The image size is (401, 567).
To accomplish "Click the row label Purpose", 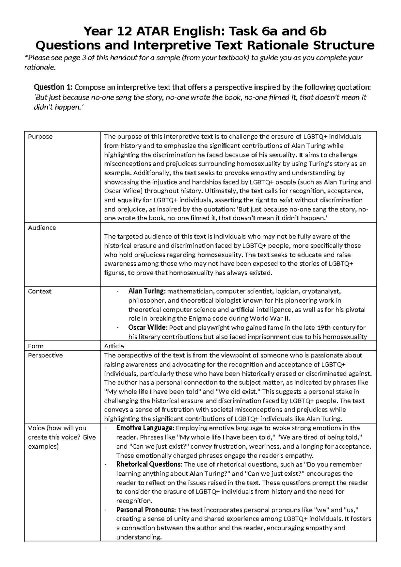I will point(40,137).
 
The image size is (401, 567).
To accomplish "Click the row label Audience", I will point(42,228).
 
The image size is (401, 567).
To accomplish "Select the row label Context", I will point(39,291).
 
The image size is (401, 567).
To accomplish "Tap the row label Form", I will point(36,346).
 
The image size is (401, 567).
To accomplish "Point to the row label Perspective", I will point(45,355).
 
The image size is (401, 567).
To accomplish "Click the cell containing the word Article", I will point(114,346).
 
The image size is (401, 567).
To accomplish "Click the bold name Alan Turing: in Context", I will point(147,291).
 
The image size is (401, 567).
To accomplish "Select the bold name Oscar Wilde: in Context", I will point(149,328).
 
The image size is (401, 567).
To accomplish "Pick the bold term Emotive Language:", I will point(145,428).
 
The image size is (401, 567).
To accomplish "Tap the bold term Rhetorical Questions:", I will point(148,464).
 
